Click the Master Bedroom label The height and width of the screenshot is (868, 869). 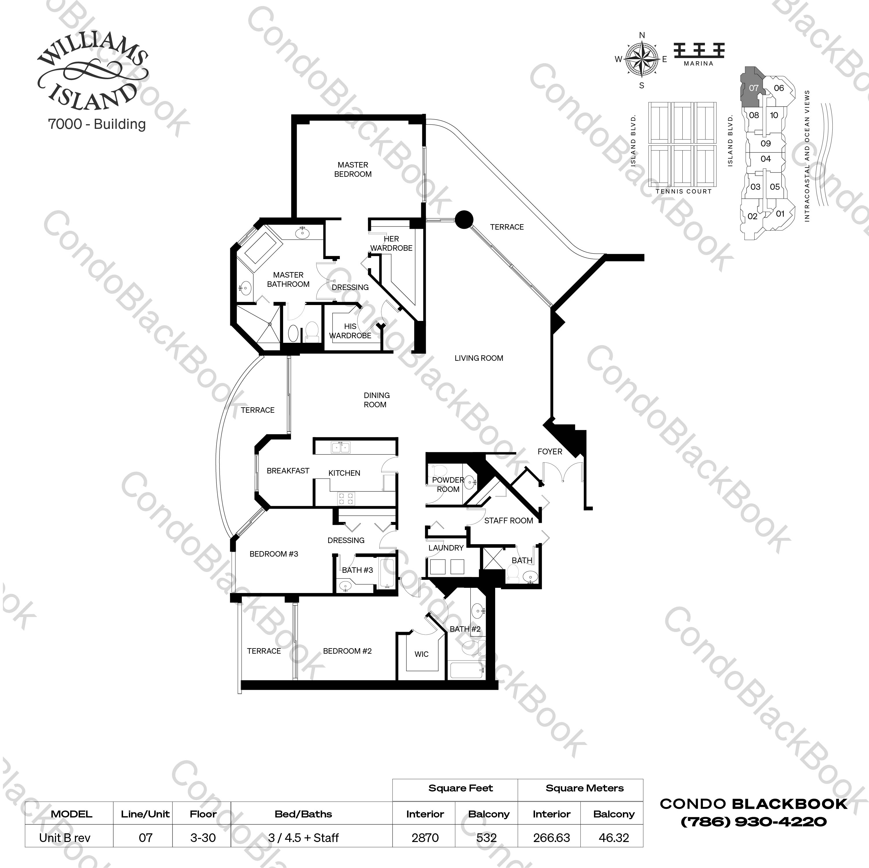point(353,170)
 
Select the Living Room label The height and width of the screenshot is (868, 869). point(479,358)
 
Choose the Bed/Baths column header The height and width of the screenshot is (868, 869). point(303,814)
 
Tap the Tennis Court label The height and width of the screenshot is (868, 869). point(683,192)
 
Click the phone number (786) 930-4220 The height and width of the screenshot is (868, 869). point(753,822)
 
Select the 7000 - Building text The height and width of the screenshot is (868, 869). point(97,124)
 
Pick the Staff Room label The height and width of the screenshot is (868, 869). point(508,520)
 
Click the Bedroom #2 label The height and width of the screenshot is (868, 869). point(347,651)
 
